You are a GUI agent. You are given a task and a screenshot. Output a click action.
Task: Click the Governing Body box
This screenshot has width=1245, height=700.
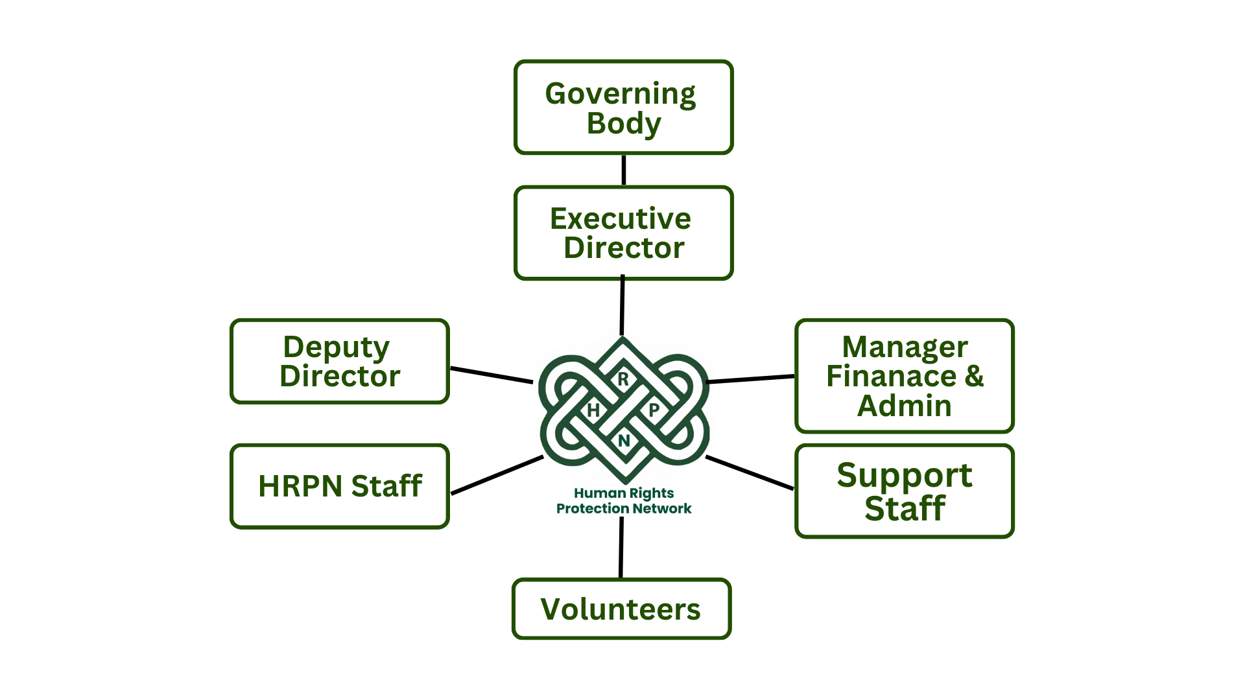tap(623, 108)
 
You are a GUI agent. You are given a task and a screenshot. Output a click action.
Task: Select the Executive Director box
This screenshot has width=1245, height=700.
tap(623, 233)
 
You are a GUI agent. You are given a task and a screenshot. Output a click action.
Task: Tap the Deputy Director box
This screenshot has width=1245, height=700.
tap(340, 362)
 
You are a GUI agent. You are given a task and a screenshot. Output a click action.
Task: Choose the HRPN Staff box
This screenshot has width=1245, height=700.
tap(340, 486)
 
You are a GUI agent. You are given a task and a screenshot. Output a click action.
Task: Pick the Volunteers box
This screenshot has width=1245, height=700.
tap(621, 609)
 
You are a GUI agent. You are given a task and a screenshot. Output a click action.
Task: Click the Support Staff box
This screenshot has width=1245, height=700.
tap(904, 491)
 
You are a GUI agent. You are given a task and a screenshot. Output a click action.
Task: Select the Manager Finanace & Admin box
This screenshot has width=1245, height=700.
tap(904, 376)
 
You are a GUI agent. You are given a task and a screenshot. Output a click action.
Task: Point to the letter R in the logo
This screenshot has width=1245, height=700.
tap(623, 379)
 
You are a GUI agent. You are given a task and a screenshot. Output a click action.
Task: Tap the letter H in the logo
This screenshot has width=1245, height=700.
tap(593, 410)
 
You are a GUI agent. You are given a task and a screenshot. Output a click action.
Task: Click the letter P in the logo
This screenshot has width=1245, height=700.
tap(654, 410)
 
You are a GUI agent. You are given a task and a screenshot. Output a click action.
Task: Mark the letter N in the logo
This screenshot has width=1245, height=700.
tap(624, 441)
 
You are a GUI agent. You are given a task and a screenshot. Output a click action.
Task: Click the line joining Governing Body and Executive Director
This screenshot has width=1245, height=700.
tap(624, 170)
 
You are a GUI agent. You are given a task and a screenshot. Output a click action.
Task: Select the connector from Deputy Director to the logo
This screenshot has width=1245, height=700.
tap(492, 375)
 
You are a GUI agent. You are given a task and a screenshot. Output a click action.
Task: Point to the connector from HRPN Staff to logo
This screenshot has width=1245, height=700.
tap(497, 475)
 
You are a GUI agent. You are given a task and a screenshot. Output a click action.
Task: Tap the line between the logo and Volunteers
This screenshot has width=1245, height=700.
tap(621, 548)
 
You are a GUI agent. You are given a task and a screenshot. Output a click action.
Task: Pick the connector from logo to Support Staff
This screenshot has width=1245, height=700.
tap(750, 472)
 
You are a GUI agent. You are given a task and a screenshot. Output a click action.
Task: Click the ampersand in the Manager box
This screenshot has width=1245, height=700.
tap(974, 377)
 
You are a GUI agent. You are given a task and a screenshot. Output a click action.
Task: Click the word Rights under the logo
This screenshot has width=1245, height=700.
tap(650, 493)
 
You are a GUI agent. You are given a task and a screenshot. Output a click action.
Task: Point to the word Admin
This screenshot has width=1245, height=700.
tap(904, 406)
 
